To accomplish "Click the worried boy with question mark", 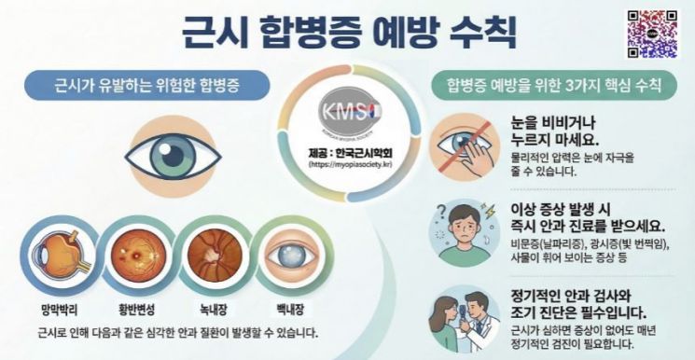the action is (x=464, y=229).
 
